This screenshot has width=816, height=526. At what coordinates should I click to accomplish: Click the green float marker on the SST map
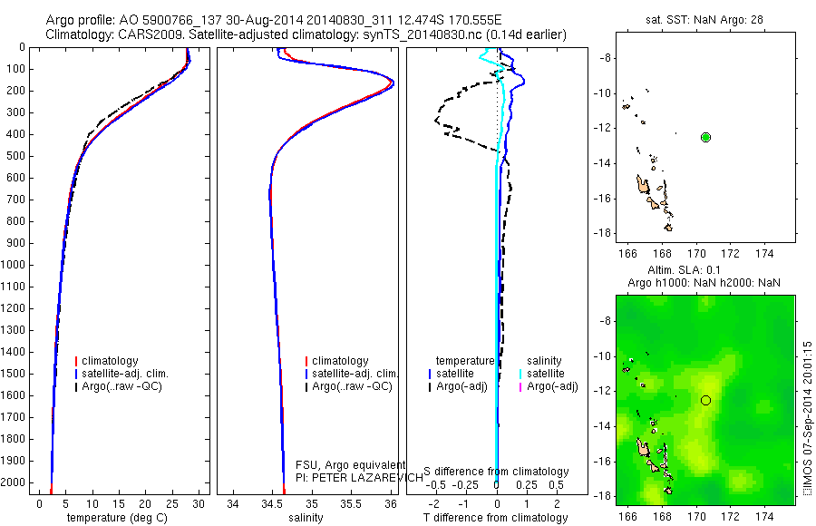point(706,137)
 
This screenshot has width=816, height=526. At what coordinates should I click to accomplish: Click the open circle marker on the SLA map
point(706,400)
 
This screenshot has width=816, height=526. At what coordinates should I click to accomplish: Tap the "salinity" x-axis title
point(306,518)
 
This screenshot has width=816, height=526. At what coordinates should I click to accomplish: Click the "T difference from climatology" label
point(495,518)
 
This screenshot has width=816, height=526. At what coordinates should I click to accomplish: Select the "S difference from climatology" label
point(496,472)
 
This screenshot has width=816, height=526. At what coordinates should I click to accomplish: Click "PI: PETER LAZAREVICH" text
point(360,476)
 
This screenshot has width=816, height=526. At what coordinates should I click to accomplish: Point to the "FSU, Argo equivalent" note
point(351,464)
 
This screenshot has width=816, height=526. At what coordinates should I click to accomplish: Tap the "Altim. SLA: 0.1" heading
point(697,271)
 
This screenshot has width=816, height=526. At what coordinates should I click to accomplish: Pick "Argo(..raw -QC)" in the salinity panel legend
point(352,386)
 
